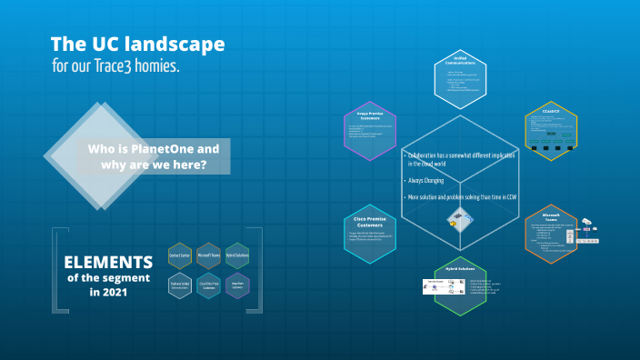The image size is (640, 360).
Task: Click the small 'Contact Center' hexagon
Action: [x=179, y=255]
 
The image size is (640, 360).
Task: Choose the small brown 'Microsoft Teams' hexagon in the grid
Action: [x=208, y=255]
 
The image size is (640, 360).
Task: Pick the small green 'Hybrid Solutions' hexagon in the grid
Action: [x=237, y=255]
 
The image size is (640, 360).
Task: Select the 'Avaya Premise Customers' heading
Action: [x=369, y=115]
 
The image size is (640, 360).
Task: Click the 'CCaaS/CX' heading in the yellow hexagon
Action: [x=550, y=111]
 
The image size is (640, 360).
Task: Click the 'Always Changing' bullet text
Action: [x=426, y=181]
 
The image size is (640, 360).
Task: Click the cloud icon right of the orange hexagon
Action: [x=586, y=221]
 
